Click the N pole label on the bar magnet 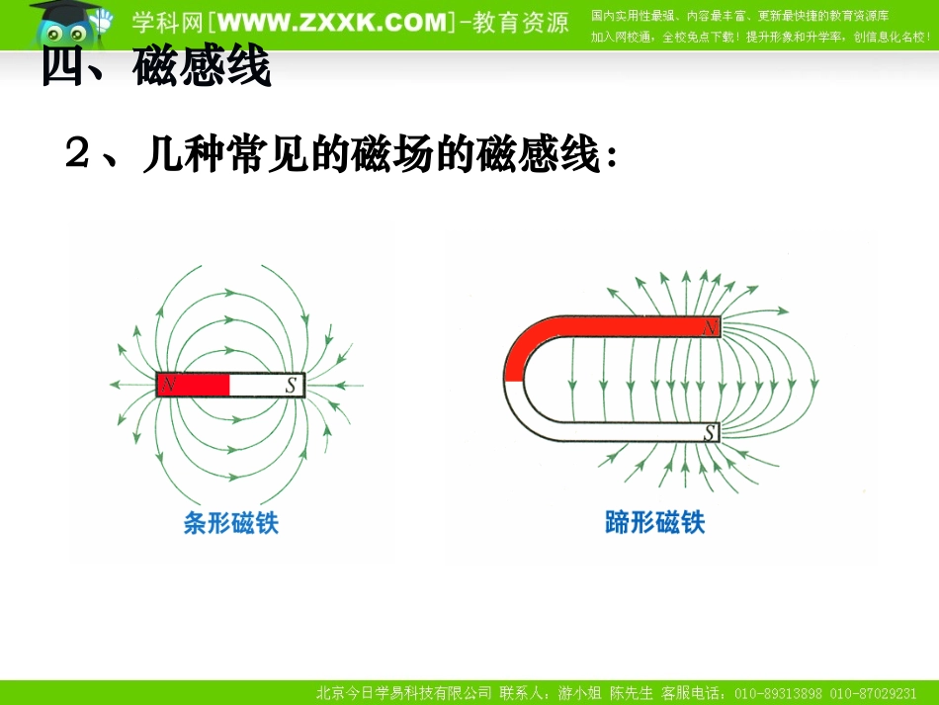click(168, 385)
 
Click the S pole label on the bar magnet click(291, 386)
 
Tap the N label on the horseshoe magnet click(710, 328)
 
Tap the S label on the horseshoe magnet click(710, 431)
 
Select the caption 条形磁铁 click(231, 522)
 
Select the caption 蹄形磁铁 click(654, 522)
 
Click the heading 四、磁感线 click(156, 69)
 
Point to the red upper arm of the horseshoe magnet click(623, 328)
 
